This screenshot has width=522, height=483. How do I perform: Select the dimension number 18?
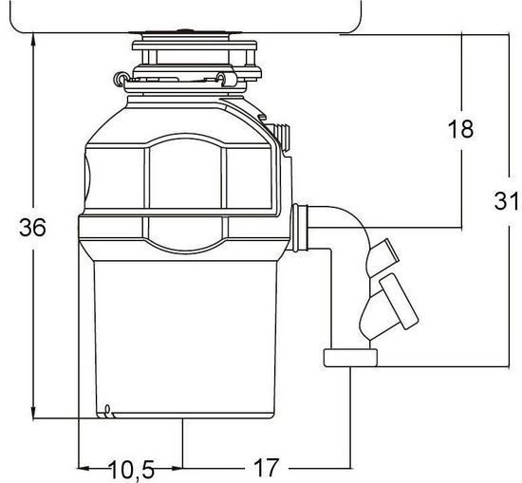(460, 130)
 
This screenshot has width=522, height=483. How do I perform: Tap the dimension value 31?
(506, 201)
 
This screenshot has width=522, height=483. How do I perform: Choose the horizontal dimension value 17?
(267, 468)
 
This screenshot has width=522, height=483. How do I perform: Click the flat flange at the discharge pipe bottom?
(351, 358)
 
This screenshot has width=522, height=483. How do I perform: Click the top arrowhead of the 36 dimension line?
(33, 39)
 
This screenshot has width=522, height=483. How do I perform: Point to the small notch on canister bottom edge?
(111, 411)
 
